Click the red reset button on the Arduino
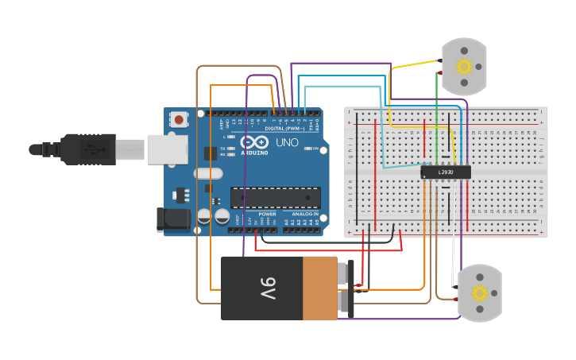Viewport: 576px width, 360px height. (180, 120)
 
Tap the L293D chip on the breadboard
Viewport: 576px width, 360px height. (446, 172)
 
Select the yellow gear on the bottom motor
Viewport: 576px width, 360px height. (479, 292)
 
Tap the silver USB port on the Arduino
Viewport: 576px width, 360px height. (167, 149)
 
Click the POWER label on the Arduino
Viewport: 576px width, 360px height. (267, 215)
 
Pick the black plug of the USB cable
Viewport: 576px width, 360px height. (87, 149)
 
